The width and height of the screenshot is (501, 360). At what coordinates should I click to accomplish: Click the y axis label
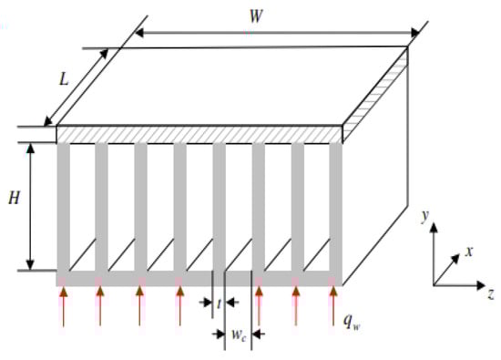click(x=424, y=218)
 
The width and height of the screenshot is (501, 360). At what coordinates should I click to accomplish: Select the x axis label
click(x=468, y=252)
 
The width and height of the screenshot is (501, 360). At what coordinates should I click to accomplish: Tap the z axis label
click(x=490, y=293)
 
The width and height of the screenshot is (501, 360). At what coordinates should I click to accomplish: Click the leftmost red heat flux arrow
click(x=63, y=305)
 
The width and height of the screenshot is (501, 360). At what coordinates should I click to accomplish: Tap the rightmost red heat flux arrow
click(x=334, y=305)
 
